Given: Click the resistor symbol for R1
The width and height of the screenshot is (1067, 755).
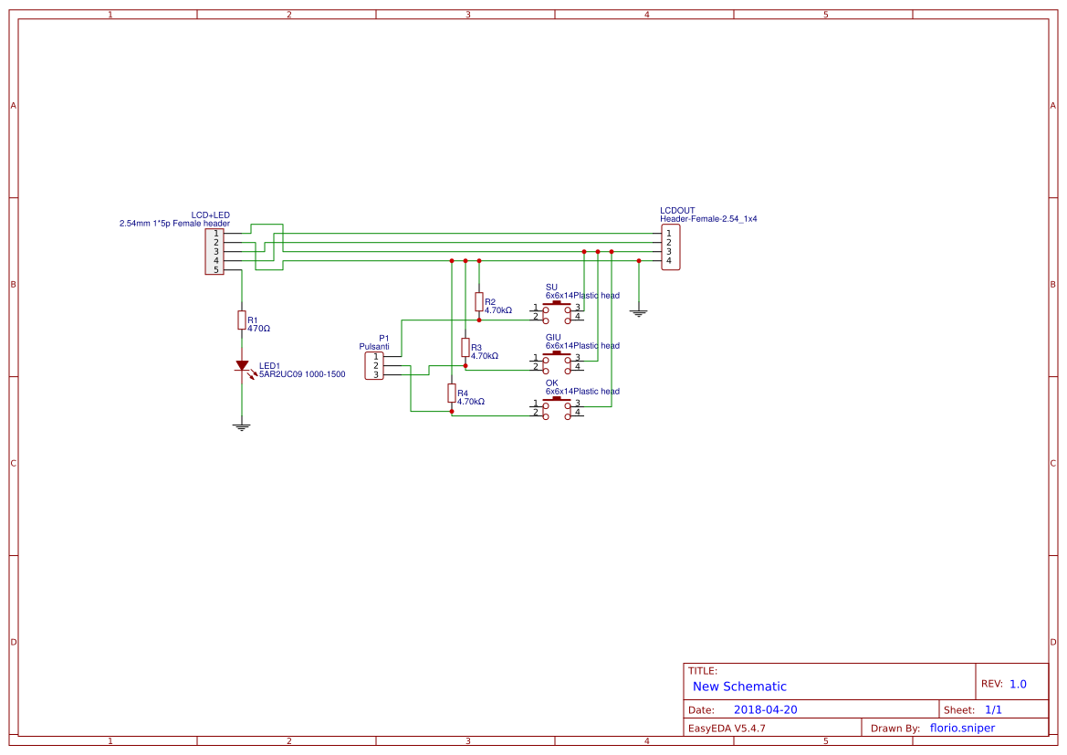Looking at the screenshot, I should (242, 320).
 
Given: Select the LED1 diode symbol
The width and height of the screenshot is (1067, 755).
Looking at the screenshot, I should (242, 366).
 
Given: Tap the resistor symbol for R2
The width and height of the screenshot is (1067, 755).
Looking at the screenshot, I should (479, 301).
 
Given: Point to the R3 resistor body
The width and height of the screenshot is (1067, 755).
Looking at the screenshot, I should (466, 347).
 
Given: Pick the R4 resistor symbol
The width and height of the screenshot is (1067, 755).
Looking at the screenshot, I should (452, 393).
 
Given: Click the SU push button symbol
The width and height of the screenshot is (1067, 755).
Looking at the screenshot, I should (557, 311).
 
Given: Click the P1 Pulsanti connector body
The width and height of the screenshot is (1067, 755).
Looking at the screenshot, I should (374, 365).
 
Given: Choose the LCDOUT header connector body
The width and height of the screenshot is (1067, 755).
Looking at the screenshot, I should (670, 247).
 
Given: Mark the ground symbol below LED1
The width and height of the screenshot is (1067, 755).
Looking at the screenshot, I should (242, 425).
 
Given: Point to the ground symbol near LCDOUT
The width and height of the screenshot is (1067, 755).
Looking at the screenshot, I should (639, 313).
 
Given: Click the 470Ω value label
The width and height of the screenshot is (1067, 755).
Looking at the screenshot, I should (259, 329).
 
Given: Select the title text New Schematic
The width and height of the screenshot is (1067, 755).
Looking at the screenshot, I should (739, 687).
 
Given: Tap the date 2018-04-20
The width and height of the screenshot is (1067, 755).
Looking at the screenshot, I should (766, 709).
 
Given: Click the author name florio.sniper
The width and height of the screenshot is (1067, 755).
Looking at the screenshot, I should (962, 728).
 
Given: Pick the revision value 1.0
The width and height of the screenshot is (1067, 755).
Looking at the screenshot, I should (1018, 684).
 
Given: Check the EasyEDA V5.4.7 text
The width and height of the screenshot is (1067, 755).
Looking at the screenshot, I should (727, 728).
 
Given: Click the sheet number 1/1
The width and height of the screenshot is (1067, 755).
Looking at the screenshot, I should (994, 709).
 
